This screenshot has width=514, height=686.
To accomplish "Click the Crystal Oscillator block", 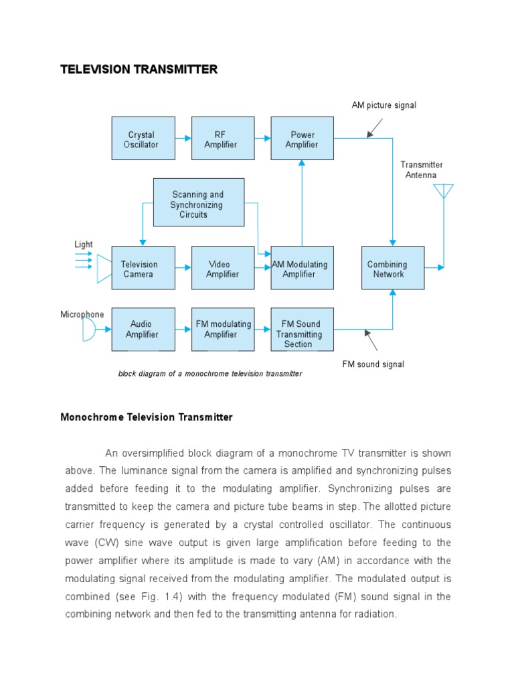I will (143, 138).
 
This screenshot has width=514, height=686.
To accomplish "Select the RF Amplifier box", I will (223, 138).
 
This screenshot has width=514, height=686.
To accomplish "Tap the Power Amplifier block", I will (302, 138).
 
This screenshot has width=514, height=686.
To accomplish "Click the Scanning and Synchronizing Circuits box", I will (199, 202).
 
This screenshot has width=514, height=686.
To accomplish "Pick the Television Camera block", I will (143, 268).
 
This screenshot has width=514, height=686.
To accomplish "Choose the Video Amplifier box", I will (223, 268).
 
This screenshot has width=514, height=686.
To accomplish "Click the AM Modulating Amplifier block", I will (302, 268).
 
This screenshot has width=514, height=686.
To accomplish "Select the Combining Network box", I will (393, 268).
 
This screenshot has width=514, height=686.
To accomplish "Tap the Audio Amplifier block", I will (143, 330).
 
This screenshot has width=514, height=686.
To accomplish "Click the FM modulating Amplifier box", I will (223, 330).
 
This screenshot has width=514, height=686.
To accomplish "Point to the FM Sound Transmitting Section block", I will (302, 330).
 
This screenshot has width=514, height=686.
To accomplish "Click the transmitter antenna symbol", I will (443, 192).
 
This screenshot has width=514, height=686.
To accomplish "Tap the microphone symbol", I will (88, 329).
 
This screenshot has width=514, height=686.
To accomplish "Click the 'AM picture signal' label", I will (383, 105).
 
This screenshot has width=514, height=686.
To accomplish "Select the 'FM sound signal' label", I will (373, 364).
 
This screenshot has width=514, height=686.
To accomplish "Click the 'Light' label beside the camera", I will (84, 245).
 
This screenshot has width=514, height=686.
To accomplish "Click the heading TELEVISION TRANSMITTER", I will (139, 70).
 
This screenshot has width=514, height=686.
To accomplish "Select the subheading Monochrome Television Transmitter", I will (147, 417).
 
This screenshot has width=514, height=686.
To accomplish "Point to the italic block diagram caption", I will (210, 374).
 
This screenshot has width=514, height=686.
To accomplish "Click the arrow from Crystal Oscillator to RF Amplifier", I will (183, 138).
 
